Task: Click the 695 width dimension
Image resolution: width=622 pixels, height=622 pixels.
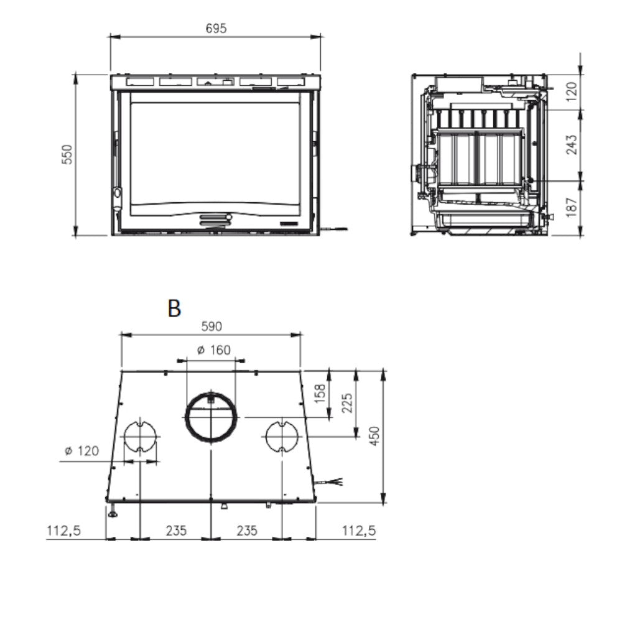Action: pos(216,28)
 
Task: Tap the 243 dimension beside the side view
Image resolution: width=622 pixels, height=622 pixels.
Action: pos(572,144)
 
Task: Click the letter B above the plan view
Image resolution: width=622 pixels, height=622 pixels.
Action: pos(174,308)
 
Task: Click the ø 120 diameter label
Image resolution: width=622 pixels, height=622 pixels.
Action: pos(81,451)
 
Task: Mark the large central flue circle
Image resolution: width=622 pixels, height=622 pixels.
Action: pos(211,417)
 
